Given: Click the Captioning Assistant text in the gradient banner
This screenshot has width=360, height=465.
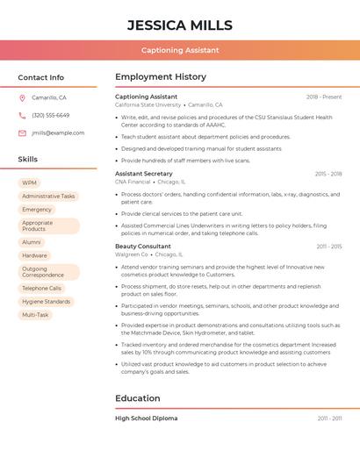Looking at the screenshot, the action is [x=180, y=50].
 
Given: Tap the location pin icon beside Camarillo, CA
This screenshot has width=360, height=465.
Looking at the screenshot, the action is [x=22, y=97].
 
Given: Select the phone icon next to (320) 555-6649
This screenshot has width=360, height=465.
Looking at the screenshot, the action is [x=22, y=115].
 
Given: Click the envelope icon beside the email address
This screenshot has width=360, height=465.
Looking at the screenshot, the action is [x=22, y=133].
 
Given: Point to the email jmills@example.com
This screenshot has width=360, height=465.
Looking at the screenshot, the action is [x=58, y=133].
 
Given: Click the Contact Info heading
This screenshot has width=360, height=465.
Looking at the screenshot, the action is [x=40, y=77].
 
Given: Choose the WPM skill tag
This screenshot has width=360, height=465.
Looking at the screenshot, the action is [x=30, y=183].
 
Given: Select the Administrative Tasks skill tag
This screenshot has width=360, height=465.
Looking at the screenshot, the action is [x=48, y=197].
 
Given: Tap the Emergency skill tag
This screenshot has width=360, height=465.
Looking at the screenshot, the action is [x=37, y=210].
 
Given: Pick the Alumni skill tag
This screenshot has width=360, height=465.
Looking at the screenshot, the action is [x=32, y=242].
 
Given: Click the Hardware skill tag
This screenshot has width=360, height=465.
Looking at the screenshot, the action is [x=34, y=255].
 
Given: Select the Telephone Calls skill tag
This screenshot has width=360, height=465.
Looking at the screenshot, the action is [x=41, y=288].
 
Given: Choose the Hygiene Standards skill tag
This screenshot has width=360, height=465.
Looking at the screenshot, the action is [x=46, y=301].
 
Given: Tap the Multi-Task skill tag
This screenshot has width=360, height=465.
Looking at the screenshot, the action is [x=35, y=314].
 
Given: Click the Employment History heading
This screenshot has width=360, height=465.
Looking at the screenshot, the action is [x=161, y=77].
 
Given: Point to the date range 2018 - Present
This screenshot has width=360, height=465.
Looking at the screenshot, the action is [x=324, y=97].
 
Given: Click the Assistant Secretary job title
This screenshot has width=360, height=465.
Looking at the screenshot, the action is [x=143, y=174].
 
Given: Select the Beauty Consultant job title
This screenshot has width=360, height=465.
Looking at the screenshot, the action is [x=143, y=247].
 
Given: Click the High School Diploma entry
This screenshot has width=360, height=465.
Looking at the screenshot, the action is [x=146, y=418].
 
